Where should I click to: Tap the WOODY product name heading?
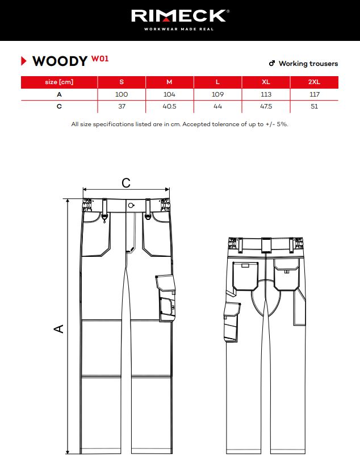pos(60,61)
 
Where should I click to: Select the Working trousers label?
pos(308,63)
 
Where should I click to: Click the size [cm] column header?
pos(59,82)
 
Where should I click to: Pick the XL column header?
pos(266,82)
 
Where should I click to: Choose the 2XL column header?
pos(314,82)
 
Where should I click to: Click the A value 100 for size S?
pos(122,94)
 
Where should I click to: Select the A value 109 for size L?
pos(217,94)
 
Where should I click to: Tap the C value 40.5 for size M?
pos(170,106)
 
